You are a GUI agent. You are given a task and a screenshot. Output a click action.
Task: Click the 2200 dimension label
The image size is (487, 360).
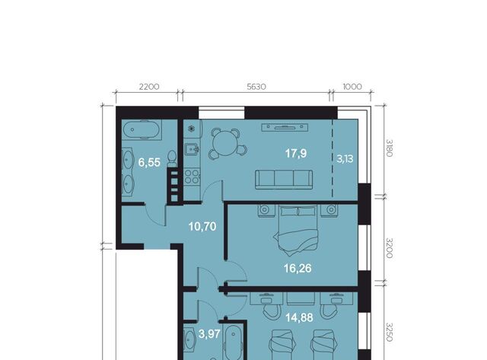click(x=149, y=87)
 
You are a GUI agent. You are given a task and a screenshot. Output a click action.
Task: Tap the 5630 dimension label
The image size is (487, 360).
click(x=256, y=87)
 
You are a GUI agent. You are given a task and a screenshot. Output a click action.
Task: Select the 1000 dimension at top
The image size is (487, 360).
click(x=352, y=87)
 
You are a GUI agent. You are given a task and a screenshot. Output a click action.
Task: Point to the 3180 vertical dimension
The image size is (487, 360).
click(x=390, y=148)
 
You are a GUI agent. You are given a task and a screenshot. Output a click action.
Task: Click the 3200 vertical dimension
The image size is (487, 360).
click(x=390, y=248)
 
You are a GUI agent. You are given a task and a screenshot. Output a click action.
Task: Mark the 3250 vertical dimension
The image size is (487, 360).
click(x=390, y=332)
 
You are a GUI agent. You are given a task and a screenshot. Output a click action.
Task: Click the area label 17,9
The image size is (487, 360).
click(x=296, y=153)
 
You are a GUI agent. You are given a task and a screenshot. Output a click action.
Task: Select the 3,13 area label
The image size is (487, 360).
click(x=345, y=159)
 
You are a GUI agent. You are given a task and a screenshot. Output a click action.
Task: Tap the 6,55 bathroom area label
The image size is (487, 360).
click(x=149, y=162)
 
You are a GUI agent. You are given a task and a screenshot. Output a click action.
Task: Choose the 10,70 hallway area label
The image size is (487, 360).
click(x=202, y=227)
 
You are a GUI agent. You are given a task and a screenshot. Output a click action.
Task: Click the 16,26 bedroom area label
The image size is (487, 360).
click(x=298, y=268)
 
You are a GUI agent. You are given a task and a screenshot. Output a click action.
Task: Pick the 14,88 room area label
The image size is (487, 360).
click(x=299, y=317)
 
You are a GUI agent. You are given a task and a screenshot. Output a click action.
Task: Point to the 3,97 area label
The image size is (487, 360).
click(x=209, y=334)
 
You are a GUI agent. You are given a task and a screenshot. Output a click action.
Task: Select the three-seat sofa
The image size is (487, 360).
click(x=284, y=180)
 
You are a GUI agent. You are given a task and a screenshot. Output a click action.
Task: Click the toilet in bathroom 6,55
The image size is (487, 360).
click(x=171, y=159)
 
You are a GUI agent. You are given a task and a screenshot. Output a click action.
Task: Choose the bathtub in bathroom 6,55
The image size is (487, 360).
click(x=142, y=129)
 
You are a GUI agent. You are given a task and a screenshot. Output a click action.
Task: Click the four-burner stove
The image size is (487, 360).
click(x=192, y=177)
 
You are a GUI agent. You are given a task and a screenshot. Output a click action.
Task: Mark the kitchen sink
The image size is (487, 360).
click(x=191, y=149)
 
